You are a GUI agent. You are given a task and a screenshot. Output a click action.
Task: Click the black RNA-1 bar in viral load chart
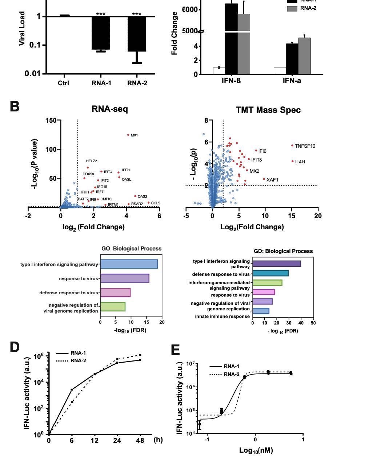coord(101,33)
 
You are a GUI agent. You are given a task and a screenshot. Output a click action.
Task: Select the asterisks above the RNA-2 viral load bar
coord(137,15)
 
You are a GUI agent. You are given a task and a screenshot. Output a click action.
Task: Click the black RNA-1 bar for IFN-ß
coord(231,36)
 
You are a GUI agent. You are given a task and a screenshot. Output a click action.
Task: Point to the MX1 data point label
coord(134,135)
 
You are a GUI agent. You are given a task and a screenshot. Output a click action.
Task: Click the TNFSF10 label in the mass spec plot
coord(305,146)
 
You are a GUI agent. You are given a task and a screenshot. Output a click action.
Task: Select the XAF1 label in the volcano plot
coord(272,180)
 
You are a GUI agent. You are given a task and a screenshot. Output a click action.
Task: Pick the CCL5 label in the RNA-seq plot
coord(156,203)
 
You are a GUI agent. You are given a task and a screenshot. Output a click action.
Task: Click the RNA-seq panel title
coord(109,109)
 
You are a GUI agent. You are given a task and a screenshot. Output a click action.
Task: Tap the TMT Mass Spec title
coord(268,110)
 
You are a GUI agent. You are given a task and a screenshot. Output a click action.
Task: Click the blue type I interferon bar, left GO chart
coord(129,264)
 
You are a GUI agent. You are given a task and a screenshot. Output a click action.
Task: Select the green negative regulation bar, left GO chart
coord(113,307)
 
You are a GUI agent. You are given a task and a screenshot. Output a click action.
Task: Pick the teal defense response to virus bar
coord(270,273)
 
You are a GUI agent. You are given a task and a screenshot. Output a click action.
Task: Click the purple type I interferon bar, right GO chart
coord(277,264)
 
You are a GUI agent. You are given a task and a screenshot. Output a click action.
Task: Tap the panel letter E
coord(175,350)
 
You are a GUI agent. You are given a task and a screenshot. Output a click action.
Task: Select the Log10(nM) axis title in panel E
coord(256,450)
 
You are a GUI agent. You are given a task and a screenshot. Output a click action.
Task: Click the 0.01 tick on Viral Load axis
coord(34,74)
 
